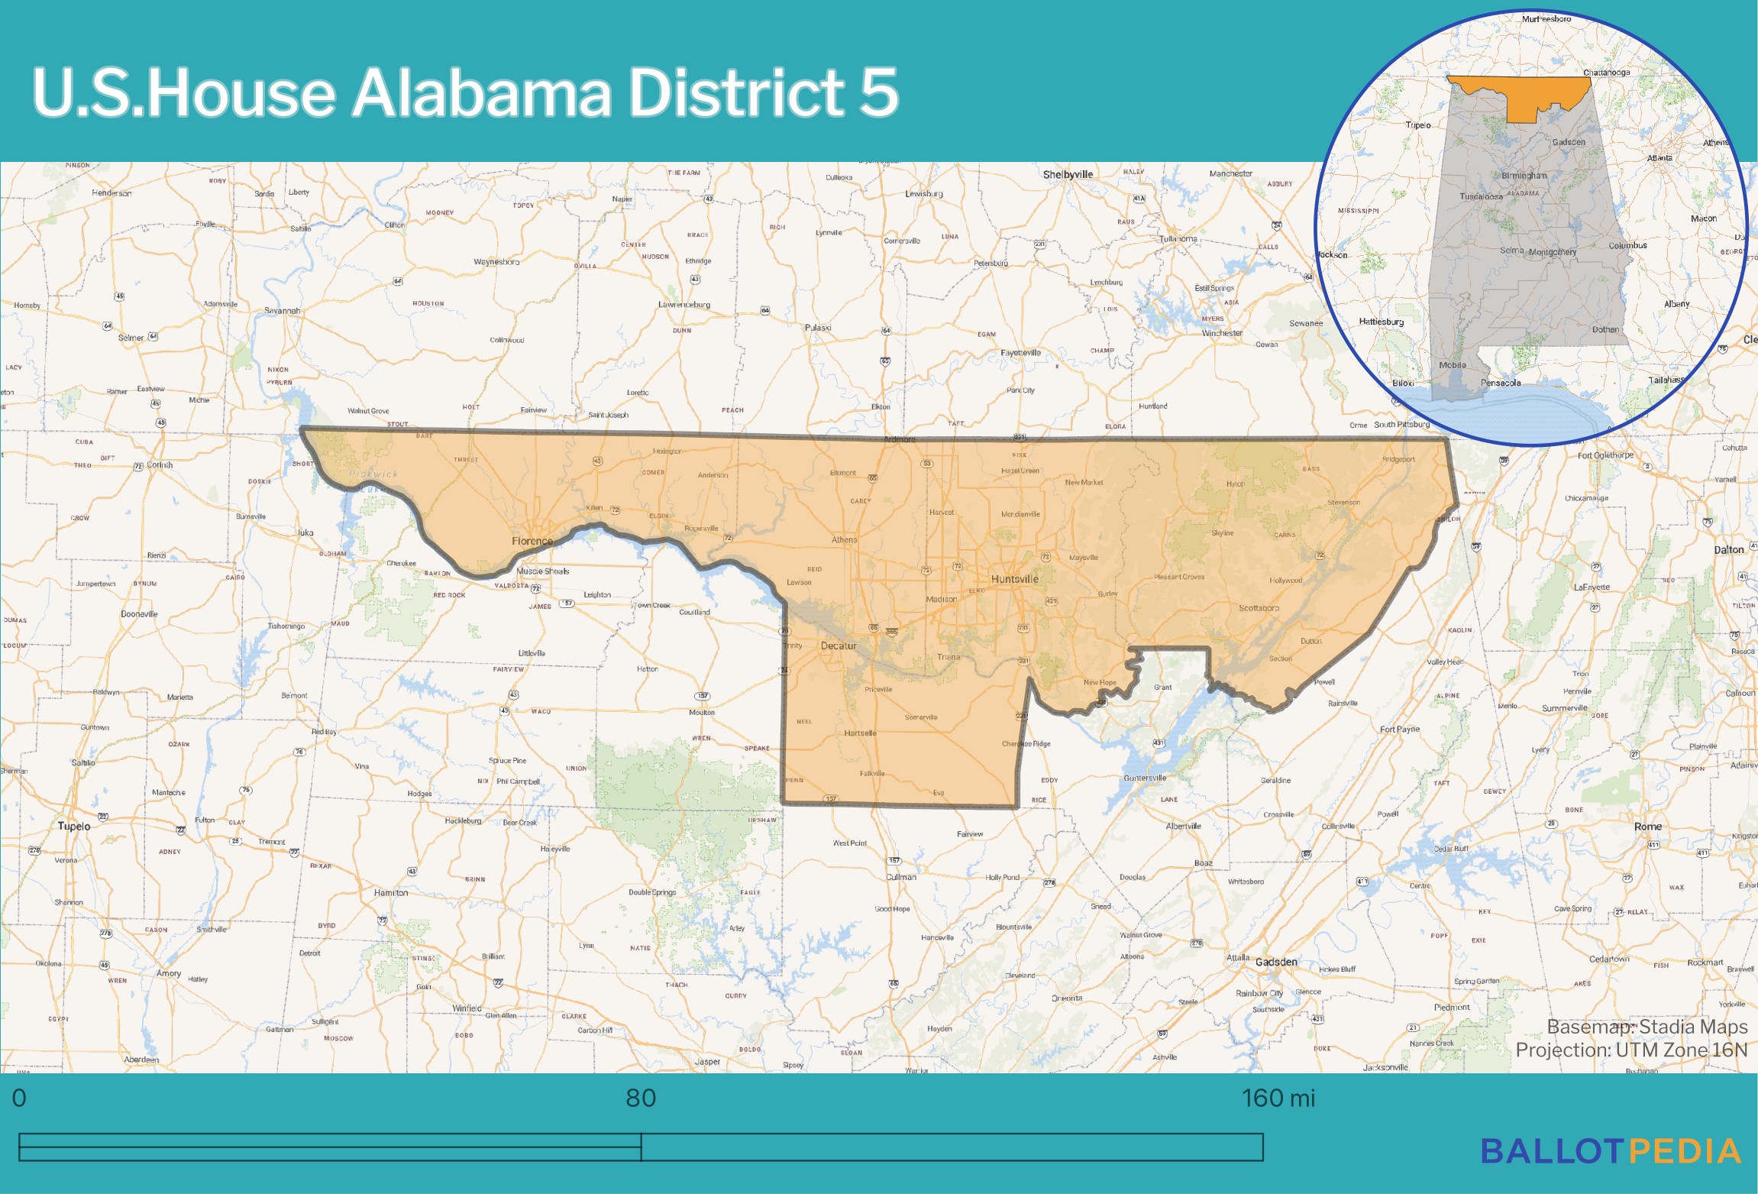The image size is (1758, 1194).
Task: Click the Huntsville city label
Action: click(x=1014, y=579)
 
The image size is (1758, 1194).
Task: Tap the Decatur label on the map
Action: click(x=839, y=646)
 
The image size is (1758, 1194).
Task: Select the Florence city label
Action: click(x=532, y=541)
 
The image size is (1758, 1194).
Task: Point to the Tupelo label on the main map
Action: click(x=74, y=827)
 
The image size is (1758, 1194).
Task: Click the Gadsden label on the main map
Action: click(x=1276, y=962)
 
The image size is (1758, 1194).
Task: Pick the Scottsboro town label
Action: click(x=1259, y=608)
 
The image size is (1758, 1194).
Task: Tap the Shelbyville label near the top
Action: click(x=1068, y=174)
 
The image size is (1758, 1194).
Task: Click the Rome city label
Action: click(x=1647, y=827)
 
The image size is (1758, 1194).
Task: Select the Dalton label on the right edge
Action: click(x=1729, y=550)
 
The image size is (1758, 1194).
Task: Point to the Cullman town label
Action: click(x=901, y=877)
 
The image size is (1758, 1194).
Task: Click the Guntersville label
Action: click(x=1145, y=778)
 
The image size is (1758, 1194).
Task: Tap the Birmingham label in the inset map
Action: click(x=1524, y=176)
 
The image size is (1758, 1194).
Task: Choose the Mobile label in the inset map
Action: click(x=1452, y=365)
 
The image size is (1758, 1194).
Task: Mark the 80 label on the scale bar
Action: click(x=641, y=1099)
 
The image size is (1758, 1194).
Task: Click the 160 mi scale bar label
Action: click(x=1278, y=1099)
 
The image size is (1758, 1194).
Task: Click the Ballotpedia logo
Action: click(x=1610, y=1151)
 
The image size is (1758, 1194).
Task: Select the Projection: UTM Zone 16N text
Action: click(x=1631, y=1050)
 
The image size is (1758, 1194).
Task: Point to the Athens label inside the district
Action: click(x=844, y=539)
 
